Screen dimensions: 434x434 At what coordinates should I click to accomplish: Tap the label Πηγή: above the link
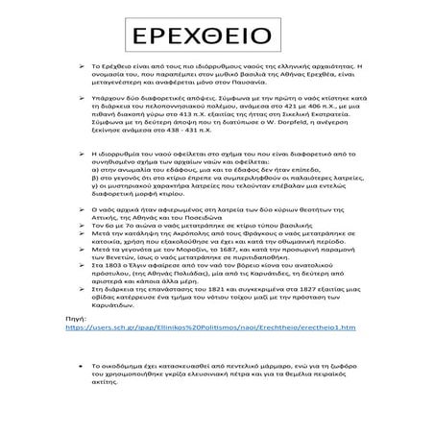pyautogui.click(x=75, y=316)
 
